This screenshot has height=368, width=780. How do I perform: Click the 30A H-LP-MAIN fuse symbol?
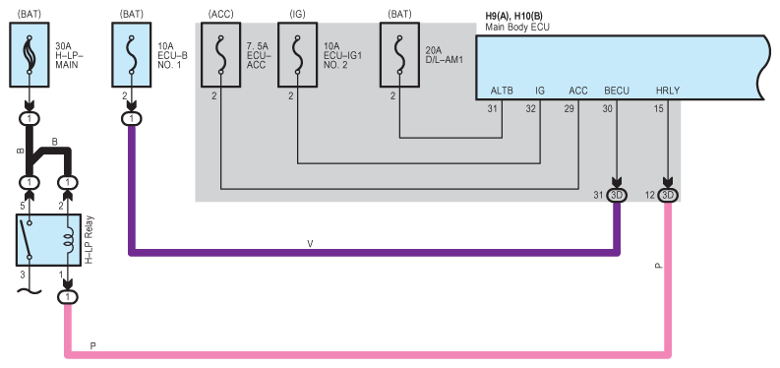(30, 55)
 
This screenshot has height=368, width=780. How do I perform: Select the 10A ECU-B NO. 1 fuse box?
(132, 55)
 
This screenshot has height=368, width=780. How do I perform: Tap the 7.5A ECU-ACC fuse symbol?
(220, 55)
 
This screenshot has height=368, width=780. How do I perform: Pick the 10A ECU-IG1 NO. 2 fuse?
(297, 55)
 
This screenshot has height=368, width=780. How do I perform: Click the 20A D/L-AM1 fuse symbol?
(400, 55)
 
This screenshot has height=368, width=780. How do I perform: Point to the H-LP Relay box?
(48, 240)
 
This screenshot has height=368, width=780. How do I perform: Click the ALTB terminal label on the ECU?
(502, 91)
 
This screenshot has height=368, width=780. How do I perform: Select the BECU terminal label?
(617, 91)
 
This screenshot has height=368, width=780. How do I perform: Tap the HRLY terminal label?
(668, 91)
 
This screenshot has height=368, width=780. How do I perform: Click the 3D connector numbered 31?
(617, 196)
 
